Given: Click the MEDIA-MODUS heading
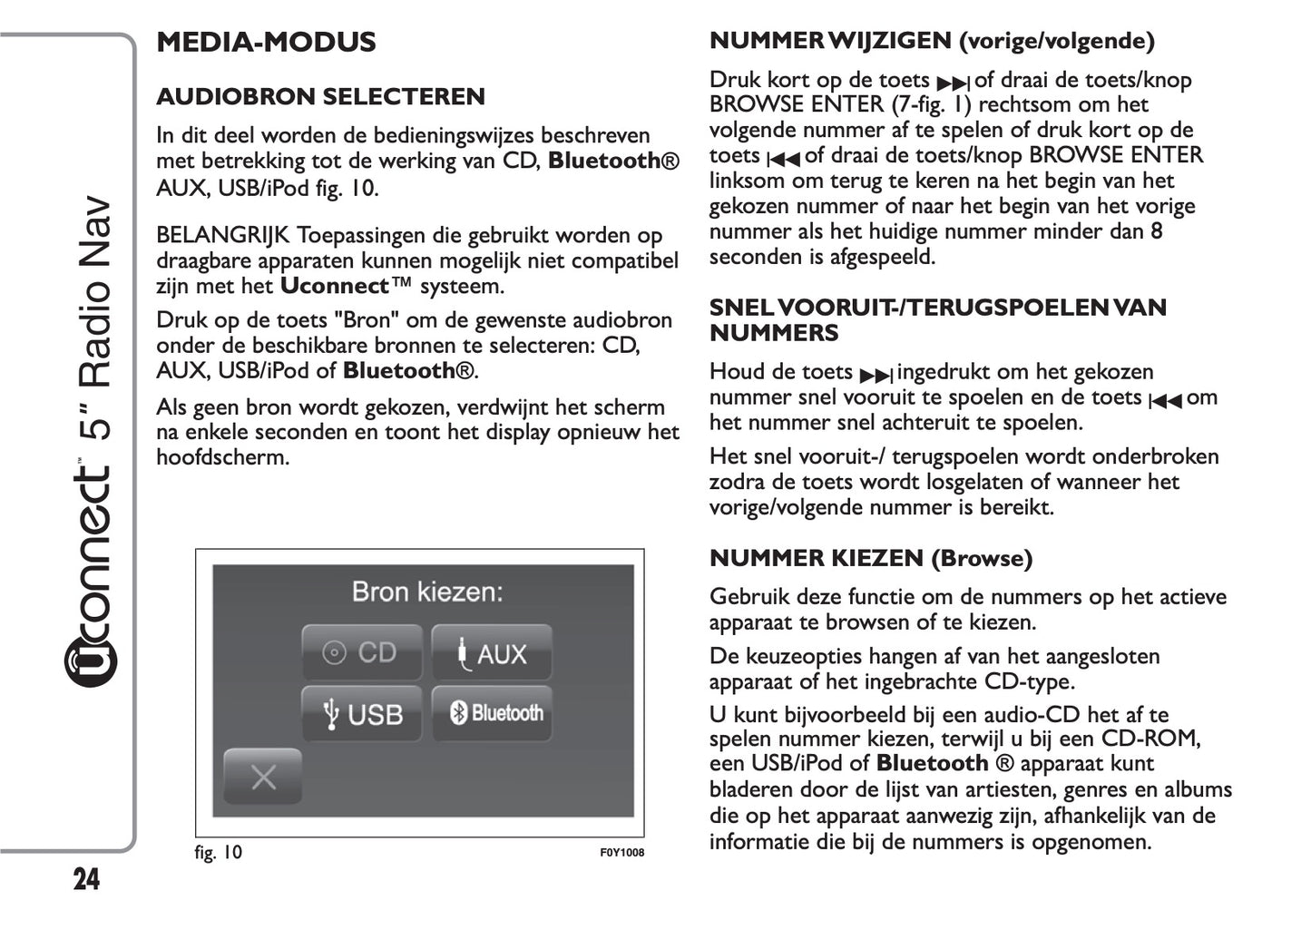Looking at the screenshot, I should (266, 42).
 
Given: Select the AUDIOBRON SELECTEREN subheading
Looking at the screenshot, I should (320, 96).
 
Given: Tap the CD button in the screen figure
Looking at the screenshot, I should (362, 652).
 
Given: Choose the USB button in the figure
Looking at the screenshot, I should (362, 714).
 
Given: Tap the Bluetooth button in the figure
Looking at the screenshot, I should (492, 714).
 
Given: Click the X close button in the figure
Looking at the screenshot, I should (263, 777).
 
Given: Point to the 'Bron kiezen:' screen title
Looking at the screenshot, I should (426, 592).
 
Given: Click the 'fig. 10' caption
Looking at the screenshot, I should (219, 853).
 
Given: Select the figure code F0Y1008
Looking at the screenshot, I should (621, 853).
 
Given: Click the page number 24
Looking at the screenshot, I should (86, 879).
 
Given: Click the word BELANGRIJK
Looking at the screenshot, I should (222, 236).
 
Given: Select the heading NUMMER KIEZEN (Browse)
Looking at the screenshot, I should (870, 558).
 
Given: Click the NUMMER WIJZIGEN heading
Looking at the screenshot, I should (829, 41).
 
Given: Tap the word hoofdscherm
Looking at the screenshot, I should (222, 457).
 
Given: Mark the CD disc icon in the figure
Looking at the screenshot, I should (335, 653).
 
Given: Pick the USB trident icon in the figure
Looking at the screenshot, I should (331, 715).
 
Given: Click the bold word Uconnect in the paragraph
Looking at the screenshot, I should (335, 287).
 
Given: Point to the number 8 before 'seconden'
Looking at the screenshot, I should (1157, 231).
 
